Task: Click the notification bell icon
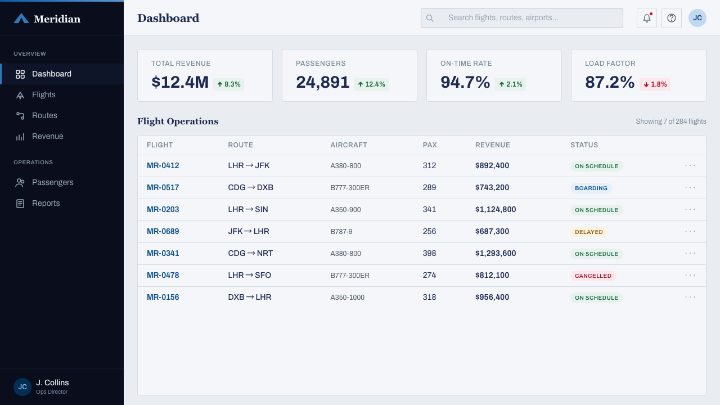pyautogui.click(x=647, y=18)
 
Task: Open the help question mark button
pyautogui.click(x=672, y=18)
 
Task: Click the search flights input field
pyautogui.click(x=521, y=18)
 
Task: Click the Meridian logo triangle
pyautogui.click(x=21, y=19)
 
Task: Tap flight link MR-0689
pyautogui.click(x=163, y=231)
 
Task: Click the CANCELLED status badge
pyautogui.click(x=593, y=276)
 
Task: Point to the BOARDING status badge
pyautogui.click(x=591, y=188)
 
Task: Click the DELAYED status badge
pyautogui.click(x=589, y=232)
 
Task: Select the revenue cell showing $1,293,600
pyautogui.click(x=496, y=253)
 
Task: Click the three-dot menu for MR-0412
pyautogui.click(x=690, y=165)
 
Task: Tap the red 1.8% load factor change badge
pyautogui.click(x=655, y=84)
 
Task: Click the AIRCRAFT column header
pyautogui.click(x=349, y=145)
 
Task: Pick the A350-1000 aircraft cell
pyautogui.click(x=348, y=298)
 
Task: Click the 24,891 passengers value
pyautogui.click(x=322, y=82)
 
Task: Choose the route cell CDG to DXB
pyautogui.click(x=251, y=187)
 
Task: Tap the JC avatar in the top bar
pyautogui.click(x=697, y=18)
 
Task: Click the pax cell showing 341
pyautogui.click(x=429, y=210)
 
